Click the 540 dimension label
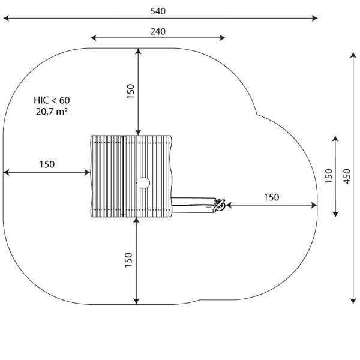(x=158, y=11)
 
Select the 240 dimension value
(x=158, y=31)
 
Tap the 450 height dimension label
(x=347, y=176)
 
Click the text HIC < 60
(x=52, y=100)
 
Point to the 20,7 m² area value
(x=52, y=112)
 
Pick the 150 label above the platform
(x=131, y=90)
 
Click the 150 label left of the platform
(x=47, y=164)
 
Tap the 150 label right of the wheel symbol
(x=271, y=197)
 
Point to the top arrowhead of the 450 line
(x=353, y=55)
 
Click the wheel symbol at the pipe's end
(x=220, y=206)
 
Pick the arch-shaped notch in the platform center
(x=144, y=182)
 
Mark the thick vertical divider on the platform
(x=122, y=176)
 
